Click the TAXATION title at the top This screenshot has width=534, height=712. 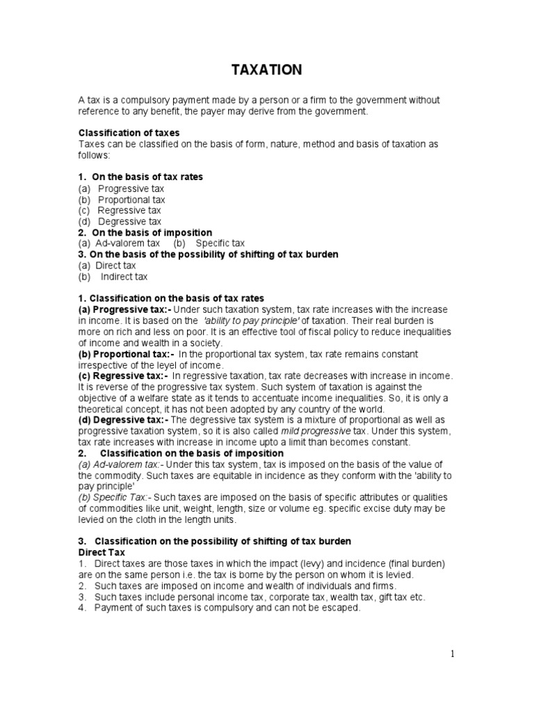pos(266,70)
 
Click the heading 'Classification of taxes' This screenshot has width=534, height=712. pos(129,133)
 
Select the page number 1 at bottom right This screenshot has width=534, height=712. pos(452,653)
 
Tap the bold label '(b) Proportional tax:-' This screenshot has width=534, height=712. pos(126,354)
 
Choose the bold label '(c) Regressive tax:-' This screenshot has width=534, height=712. pos(124,376)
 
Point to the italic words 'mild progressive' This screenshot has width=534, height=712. pos(319,432)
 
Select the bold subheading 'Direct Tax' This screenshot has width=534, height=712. pos(102,552)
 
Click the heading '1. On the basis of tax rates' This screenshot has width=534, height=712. pos(140,177)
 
